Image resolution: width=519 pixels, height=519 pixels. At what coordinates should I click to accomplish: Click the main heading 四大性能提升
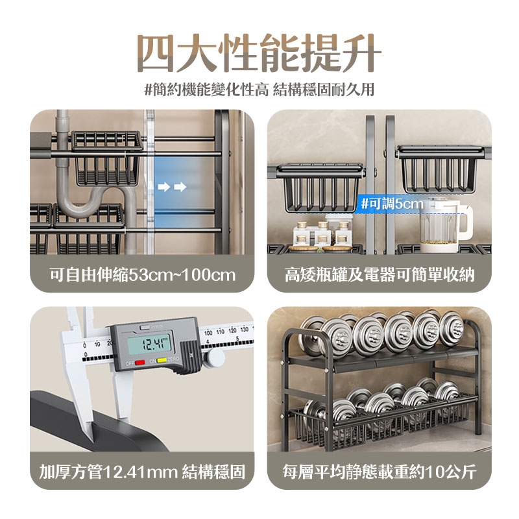[259, 53]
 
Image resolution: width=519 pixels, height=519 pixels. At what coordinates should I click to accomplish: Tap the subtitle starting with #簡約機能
[259, 90]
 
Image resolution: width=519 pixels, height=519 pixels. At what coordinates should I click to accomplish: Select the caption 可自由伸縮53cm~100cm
[143, 274]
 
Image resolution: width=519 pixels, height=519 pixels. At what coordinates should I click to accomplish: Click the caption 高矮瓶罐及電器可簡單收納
[380, 274]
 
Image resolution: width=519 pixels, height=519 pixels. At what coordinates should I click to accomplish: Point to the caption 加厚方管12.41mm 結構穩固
[142, 472]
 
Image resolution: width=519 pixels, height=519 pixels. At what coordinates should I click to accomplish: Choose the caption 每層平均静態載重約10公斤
[380, 472]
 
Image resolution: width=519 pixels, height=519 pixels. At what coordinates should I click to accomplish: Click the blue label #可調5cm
[392, 204]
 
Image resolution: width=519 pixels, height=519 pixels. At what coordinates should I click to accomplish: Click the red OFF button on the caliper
[140, 363]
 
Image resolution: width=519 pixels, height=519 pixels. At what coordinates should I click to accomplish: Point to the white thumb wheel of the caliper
[215, 358]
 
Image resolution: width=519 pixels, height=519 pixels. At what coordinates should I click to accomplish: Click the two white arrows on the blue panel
[172, 187]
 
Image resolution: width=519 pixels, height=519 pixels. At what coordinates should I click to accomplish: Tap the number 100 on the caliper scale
[208, 332]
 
